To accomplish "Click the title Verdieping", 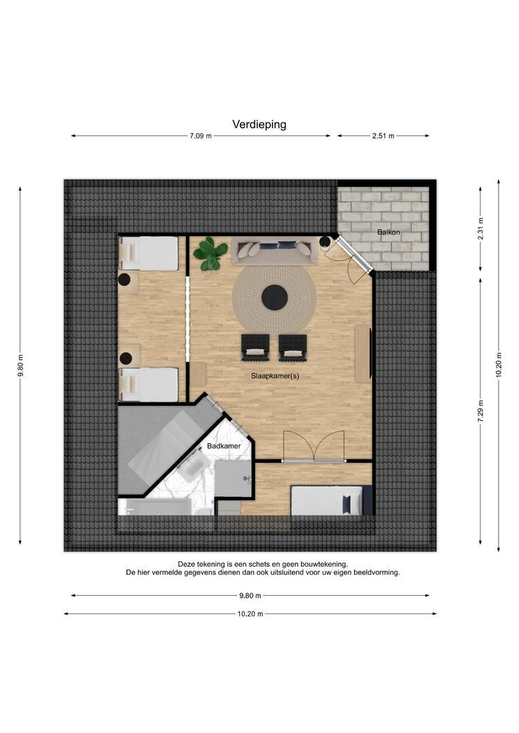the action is coord(259,124).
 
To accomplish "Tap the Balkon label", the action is coord(389,232).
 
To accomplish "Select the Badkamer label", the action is coord(223,446).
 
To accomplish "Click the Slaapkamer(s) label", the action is coord(274,376).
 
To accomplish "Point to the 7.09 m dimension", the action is coord(200,136).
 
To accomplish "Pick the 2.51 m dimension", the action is coord(383,136).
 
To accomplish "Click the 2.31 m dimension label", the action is coord(481,229).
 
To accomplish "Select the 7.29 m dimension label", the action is coord(481,411).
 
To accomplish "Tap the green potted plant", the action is coord(208,254).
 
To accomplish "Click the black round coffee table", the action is coord(274,298).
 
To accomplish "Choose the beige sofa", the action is coord(274,252).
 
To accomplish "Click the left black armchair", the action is coord(255,347).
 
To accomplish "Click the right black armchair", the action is coord(293,347).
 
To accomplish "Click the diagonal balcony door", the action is coord(355,254).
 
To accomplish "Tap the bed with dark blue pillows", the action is coord(331,501).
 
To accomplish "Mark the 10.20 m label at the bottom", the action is coord(250,614).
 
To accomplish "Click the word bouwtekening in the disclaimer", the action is coord(325,565).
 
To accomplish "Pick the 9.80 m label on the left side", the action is coord(20,366).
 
